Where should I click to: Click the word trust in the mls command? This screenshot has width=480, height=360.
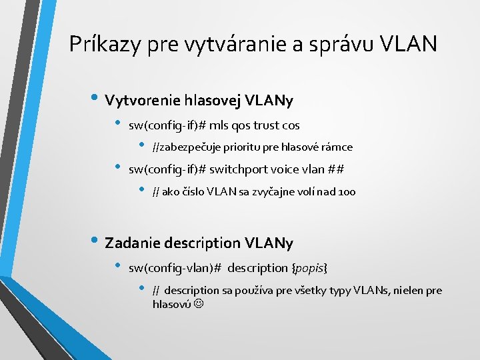267,125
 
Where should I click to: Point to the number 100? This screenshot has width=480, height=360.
347,192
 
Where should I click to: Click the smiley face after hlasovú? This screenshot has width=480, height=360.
199,304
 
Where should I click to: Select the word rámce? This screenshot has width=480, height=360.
338,147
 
